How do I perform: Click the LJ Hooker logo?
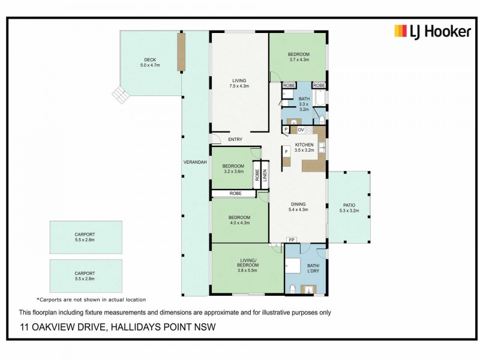(432, 31)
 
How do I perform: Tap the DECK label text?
(149, 59)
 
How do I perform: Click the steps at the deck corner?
(120, 94)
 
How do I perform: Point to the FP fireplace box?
(292, 240)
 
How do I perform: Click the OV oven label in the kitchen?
(301, 130)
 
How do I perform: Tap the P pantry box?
(286, 130)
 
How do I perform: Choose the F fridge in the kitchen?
(287, 152)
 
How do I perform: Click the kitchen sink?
(322, 148)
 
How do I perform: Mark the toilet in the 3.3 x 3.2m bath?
(321, 119)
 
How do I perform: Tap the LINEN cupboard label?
(264, 176)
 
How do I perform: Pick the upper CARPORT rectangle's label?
(85, 235)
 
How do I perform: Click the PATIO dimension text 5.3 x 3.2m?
(349, 211)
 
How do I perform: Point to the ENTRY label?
(235, 139)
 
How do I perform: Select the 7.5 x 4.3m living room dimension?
(239, 86)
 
